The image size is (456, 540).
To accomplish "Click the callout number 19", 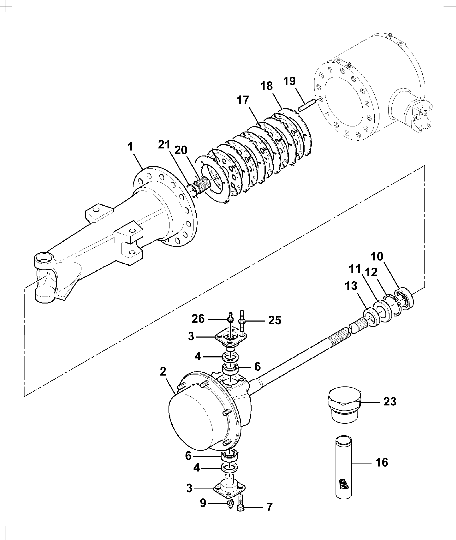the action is point(289,81).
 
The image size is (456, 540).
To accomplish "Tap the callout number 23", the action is point(390,402).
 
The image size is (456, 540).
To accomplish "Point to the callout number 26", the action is point(198,319).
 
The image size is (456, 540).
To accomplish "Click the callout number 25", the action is point(275,320).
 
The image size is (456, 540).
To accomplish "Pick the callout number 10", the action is point(377,256).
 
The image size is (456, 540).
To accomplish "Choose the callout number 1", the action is point(130,147).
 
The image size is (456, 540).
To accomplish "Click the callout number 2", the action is point(163,372).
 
